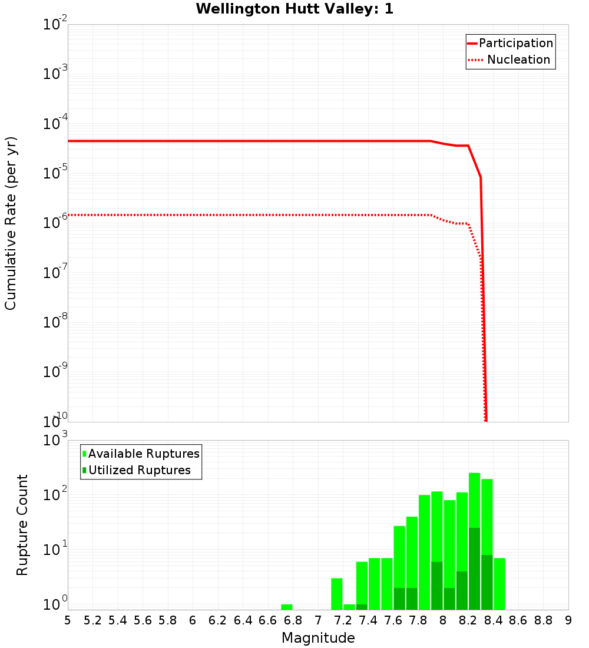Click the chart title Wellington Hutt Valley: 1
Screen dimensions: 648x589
tap(294, 9)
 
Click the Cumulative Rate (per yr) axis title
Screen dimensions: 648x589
tap(11, 223)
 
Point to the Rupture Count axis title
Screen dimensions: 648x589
tap(22, 525)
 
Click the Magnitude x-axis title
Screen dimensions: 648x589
tap(318, 638)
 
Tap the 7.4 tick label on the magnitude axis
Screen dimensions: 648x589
tap(368, 620)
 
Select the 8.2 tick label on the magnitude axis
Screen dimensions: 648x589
tap(468, 620)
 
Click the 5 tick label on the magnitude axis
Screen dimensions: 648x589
tap(68, 620)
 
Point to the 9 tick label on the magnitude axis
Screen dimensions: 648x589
tap(568, 620)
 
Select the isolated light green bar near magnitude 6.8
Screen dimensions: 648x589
tap(287, 607)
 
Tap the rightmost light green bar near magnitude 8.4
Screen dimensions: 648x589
tap(499, 584)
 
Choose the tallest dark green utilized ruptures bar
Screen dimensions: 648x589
tap(475, 569)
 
